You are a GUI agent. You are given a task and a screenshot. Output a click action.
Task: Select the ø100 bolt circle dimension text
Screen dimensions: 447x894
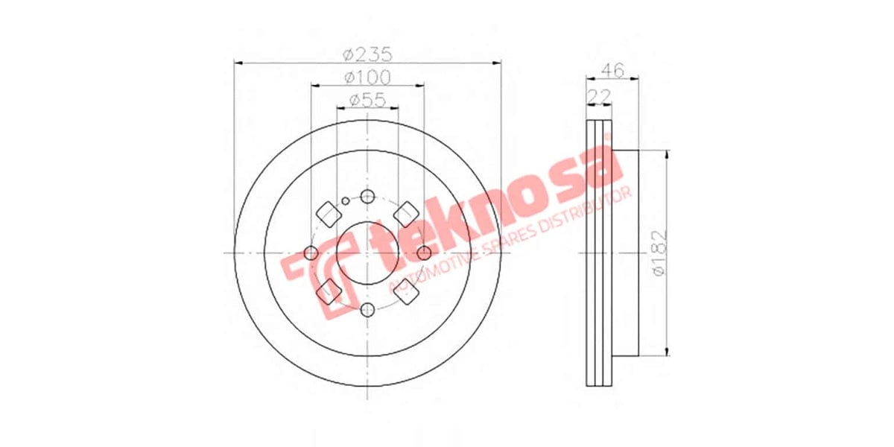pyautogui.click(x=367, y=77)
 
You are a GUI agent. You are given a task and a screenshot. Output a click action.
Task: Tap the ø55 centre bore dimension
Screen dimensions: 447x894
pyautogui.click(x=367, y=99)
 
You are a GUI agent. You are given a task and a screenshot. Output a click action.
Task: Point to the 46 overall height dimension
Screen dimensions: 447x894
pyautogui.click(x=612, y=71)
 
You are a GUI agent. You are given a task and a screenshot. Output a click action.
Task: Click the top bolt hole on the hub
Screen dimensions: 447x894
pyautogui.click(x=367, y=197)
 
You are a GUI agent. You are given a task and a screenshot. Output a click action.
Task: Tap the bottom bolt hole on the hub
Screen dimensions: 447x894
pyautogui.click(x=367, y=310)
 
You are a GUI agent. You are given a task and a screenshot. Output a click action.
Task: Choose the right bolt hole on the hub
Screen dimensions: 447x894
pyautogui.click(x=423, y=254)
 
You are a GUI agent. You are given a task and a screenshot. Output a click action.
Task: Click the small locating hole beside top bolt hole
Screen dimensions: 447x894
pyautogui.click(x=346, y=200)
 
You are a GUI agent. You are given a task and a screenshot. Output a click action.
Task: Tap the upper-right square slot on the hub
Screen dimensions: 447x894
pyautogui.click(x=406, y=214)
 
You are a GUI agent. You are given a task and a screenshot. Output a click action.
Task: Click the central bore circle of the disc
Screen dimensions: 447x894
pyautogui.click(x=367, y=254)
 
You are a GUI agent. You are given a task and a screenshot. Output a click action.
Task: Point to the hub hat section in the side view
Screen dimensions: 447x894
pyautogui.click(x=626, y=253)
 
